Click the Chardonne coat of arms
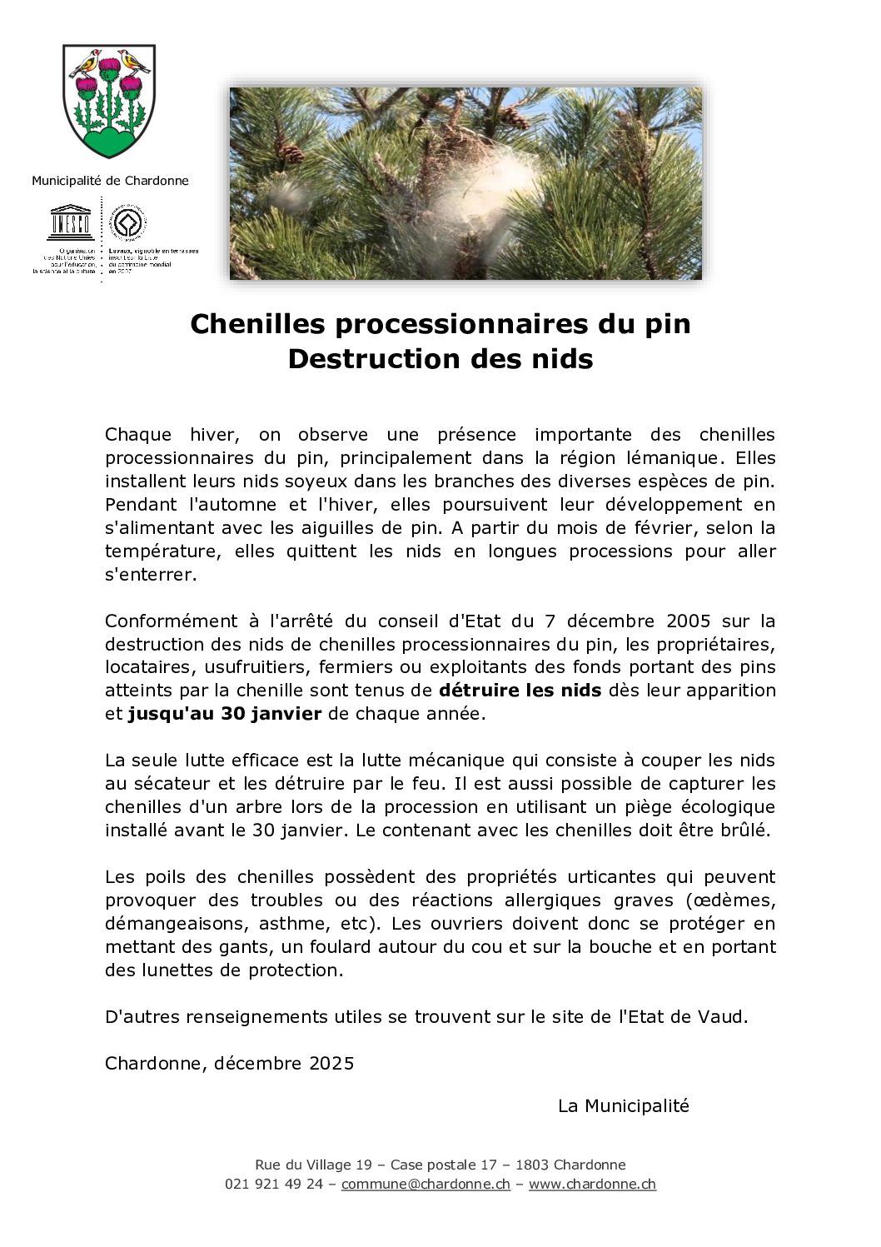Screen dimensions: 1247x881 coord(109,102)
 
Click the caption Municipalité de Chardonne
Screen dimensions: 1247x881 coord(110,181)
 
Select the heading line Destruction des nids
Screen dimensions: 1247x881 coord(440,359)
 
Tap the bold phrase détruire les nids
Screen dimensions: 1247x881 coord(520,691)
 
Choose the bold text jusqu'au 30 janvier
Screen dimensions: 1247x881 coord(224,714)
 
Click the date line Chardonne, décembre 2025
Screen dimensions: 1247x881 coord(229,1064)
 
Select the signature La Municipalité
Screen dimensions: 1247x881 coord(623,1106)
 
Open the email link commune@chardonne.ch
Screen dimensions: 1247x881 coord(425,1185)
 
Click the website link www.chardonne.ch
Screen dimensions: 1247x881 coord(592,1185)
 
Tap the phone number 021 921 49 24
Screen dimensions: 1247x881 coord(273,1185)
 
